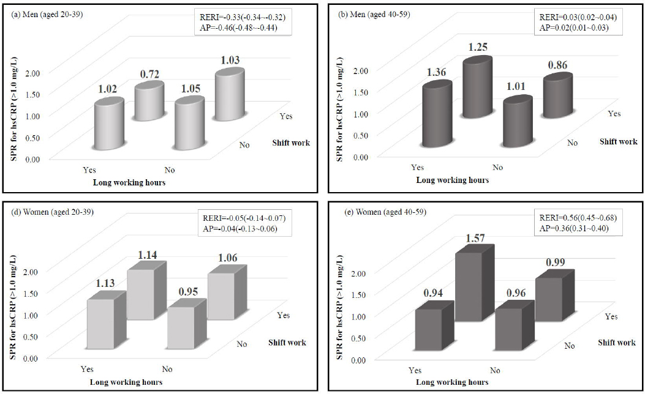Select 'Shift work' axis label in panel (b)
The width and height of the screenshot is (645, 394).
[x=618, y=142]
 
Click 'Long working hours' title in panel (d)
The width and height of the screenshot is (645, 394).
[x=126, y=382]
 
